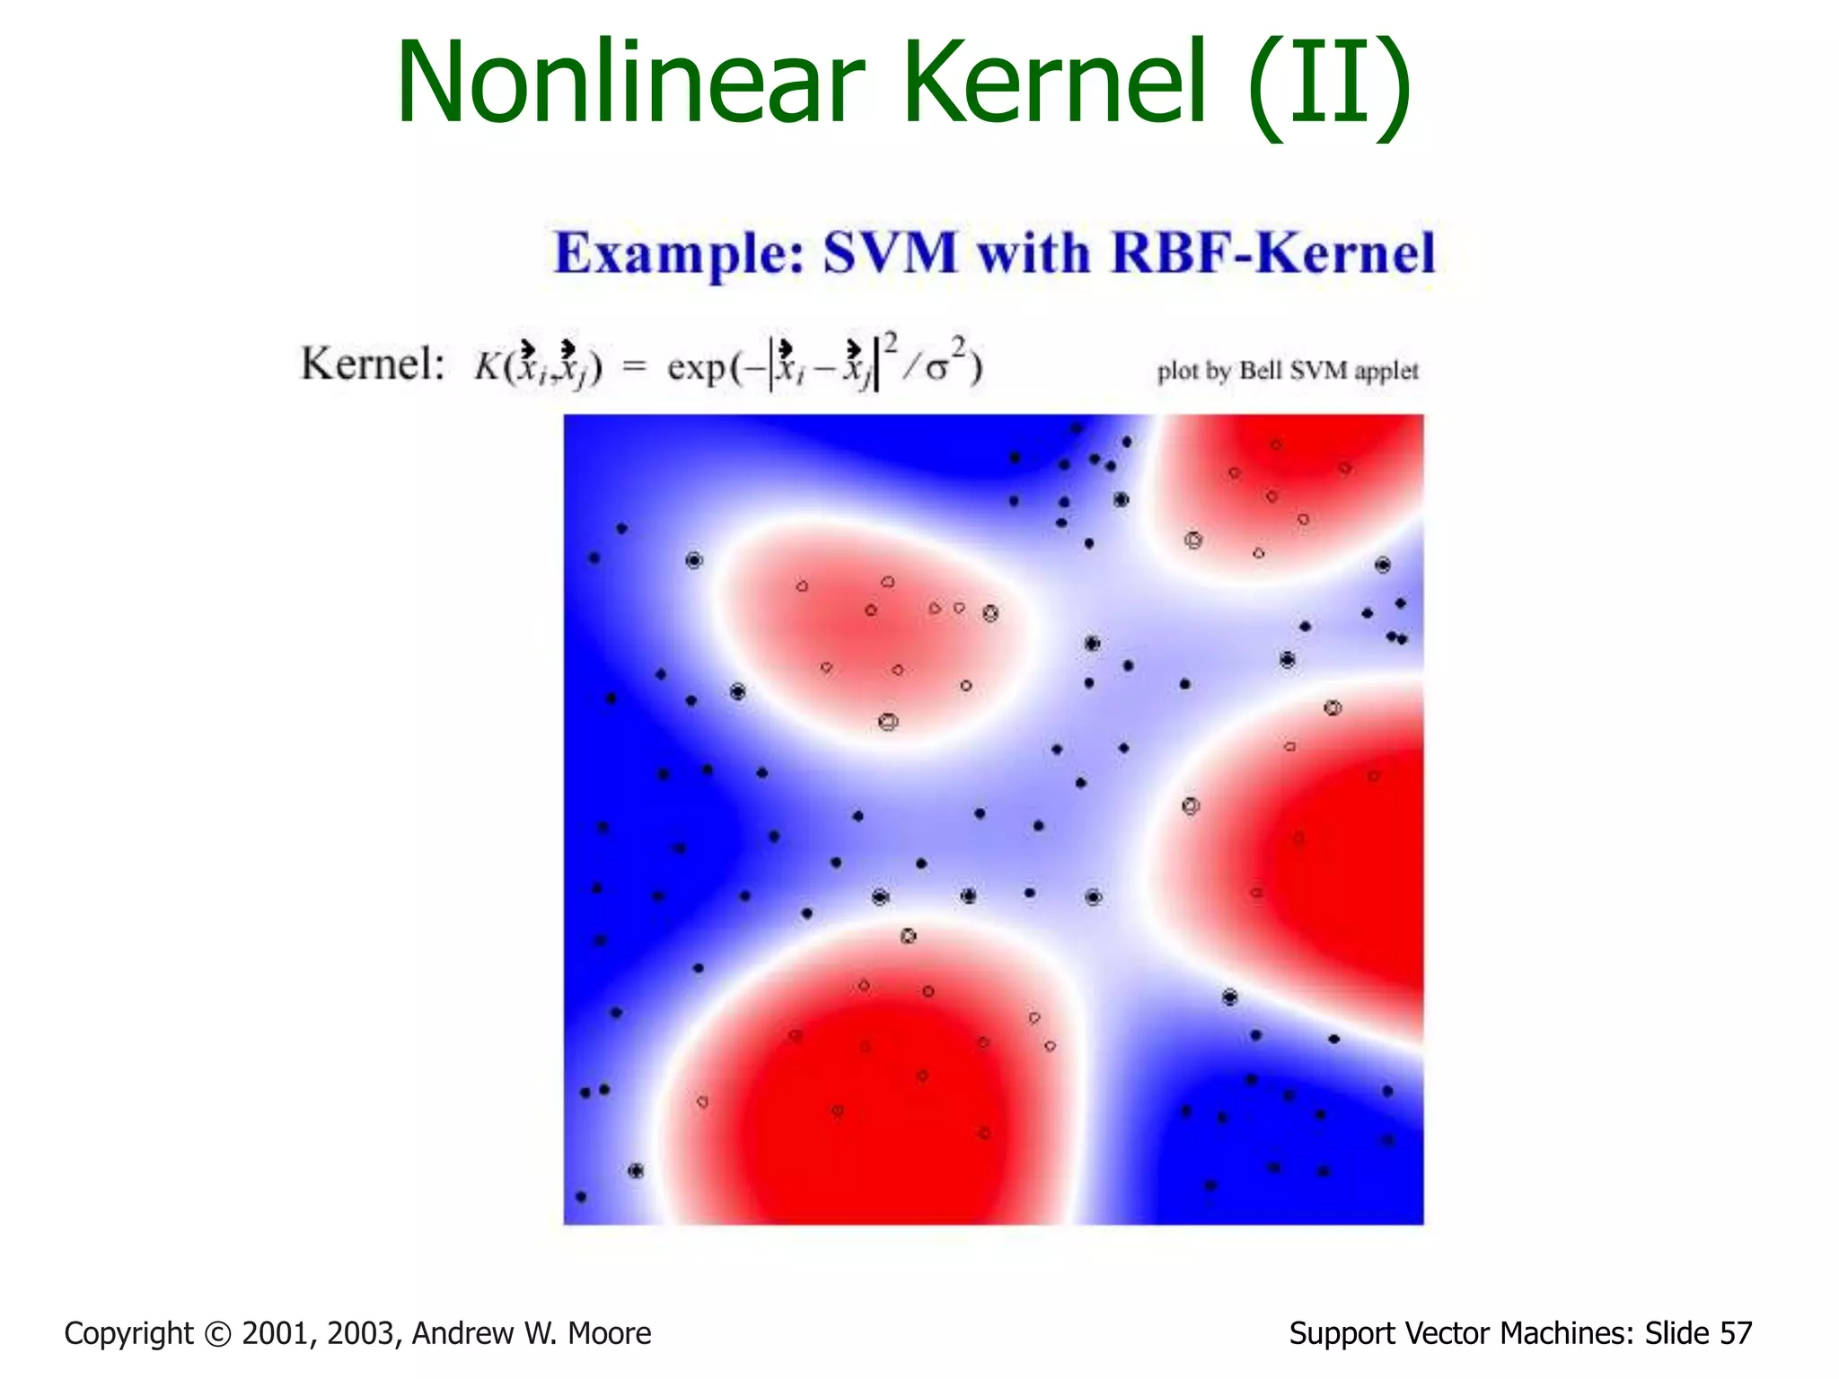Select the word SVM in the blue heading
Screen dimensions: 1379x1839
[890, 253]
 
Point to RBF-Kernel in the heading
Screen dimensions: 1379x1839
[1273, 253]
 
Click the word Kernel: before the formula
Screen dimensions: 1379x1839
[373, 365]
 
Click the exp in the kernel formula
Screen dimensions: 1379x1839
[696, 368]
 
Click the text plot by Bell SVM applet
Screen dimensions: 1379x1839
[1288, 371]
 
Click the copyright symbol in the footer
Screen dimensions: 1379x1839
[217, 1334]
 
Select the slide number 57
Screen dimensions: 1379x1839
[1736, 1333]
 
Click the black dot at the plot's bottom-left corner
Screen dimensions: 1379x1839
[581, 1197]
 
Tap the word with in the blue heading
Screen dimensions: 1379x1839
[1034, 253]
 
